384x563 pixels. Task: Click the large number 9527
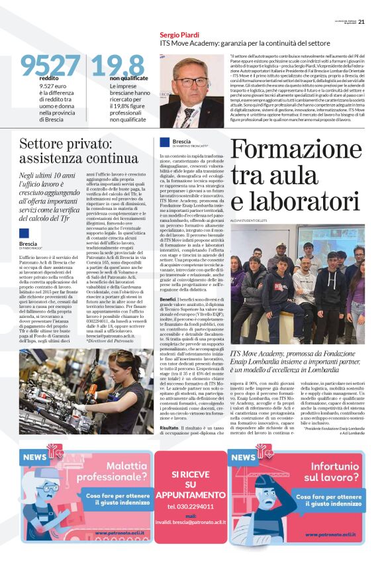(50, 65)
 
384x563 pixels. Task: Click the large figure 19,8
(118, 65)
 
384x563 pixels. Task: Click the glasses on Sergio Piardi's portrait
(192, 81)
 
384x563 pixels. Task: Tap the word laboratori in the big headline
(304, 201)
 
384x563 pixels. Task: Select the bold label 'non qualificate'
(110, 78)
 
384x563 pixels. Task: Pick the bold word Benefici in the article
(168, 299)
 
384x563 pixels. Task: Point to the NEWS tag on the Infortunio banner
(244, 457)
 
